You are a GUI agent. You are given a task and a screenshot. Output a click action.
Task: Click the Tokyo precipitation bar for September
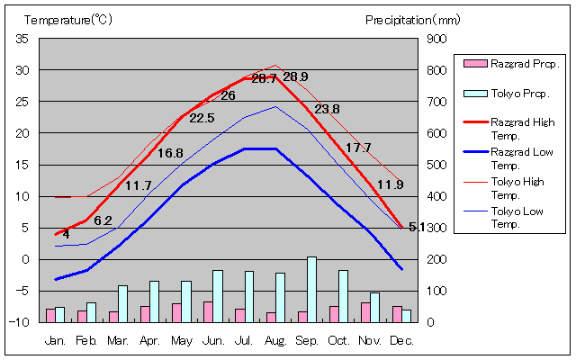[x=311, y=289]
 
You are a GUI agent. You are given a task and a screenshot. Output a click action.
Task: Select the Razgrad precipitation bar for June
[x=208, y=311]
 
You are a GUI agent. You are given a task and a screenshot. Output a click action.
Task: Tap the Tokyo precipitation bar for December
[x=406, y=316]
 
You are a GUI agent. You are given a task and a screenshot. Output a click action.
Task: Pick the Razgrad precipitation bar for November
[x=365, y=311]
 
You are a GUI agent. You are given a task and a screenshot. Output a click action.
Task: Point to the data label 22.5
[x=202, y=118]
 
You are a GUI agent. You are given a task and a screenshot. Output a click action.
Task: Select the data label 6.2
[x=103, y=220]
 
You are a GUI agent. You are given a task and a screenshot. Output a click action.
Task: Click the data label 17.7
[x=358, y=148]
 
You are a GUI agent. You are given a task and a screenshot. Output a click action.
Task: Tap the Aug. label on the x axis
[x=276, y=341]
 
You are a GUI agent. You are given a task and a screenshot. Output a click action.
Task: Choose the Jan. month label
[x=55, y=341]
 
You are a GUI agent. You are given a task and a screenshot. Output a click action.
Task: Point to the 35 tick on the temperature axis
[x=22, y=39]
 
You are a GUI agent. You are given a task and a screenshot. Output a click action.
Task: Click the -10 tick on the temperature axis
[x=20, y=322]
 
